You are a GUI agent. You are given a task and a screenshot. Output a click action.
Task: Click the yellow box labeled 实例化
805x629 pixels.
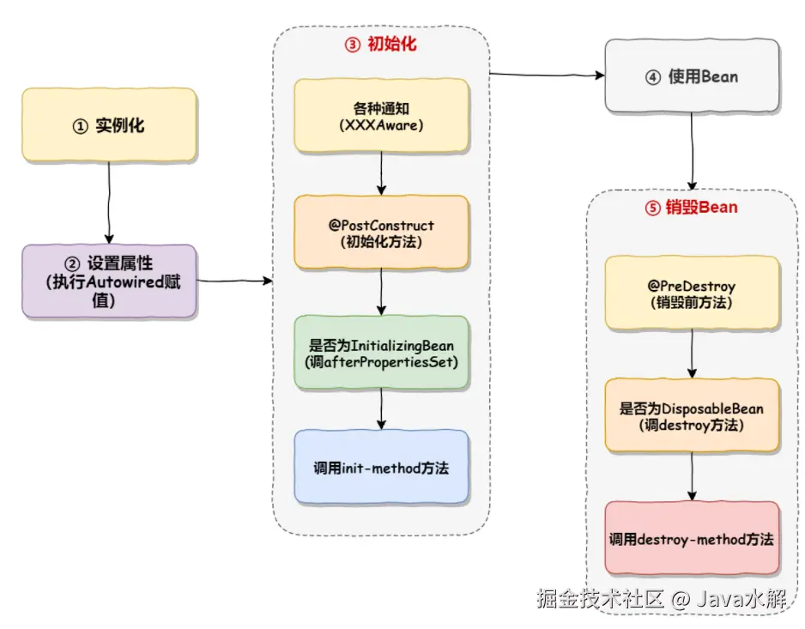[109, 125]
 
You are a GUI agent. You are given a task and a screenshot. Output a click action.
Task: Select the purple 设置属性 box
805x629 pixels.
[110, 281]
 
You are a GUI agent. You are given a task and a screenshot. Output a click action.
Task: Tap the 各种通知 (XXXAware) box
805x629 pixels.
[381, 116]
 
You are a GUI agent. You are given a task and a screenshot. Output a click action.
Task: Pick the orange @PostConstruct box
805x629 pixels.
[381, 233]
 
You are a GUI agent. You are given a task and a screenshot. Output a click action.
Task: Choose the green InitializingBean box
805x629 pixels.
[381, 353]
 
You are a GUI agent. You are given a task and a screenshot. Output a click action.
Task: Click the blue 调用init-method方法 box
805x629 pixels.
[381, 468]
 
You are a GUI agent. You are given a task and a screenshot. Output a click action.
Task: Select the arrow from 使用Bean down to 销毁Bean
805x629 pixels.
[693, 150]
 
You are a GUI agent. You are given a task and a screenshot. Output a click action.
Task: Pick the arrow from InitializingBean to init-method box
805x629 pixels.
[381, 409]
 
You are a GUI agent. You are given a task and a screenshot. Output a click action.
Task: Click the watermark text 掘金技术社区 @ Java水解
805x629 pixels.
[662, 598]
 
